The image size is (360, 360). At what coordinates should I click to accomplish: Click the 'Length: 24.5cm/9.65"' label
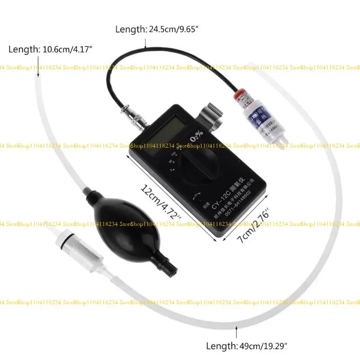point(157,30)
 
